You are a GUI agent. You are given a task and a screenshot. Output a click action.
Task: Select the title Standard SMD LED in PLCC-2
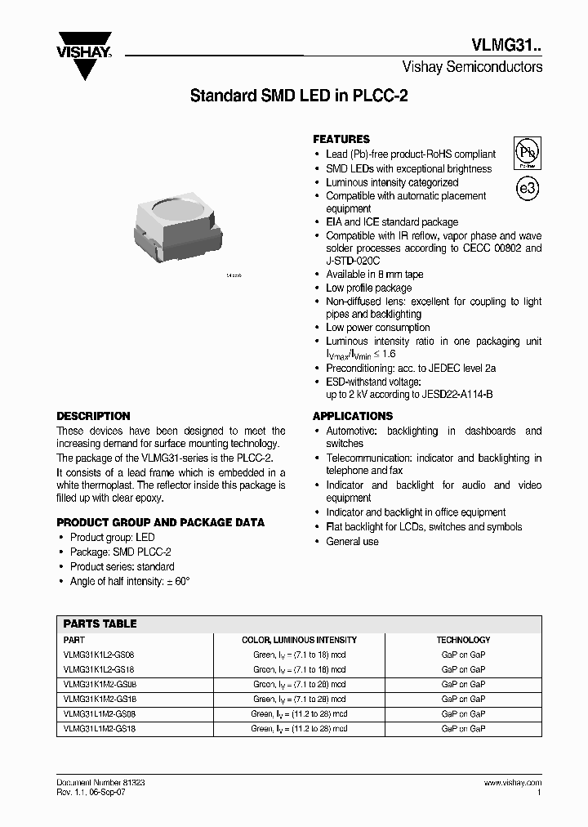[x=299, y=96]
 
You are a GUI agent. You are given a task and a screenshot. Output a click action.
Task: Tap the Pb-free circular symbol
[x=527, y=152]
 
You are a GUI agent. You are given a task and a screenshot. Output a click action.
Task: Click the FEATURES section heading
[x=341, y=139]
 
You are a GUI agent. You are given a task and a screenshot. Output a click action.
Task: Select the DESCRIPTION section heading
[x=93, y=416]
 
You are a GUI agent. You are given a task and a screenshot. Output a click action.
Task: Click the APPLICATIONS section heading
[x=353, y=416]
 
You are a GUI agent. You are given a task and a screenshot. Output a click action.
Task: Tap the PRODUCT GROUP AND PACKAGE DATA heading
[x=160, y=522]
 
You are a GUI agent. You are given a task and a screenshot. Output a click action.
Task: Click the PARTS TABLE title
[x=100, y=624]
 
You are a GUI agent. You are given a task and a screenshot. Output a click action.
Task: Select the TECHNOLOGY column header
[x=463, y=640]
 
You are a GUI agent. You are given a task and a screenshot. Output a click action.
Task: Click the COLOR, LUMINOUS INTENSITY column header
[x=299, y=640]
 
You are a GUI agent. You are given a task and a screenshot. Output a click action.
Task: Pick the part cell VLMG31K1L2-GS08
[x=100, y=655]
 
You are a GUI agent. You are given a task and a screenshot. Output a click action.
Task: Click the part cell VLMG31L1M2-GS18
[x=100, y=728]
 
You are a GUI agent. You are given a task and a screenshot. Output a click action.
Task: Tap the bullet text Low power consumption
[x=377, y=328]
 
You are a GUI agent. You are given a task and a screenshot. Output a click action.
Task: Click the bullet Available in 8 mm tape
[x=374, y=275]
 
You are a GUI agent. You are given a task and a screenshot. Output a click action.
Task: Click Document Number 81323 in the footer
[x=100, y=783]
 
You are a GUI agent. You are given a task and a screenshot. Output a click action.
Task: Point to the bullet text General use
[x=352, y=542]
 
